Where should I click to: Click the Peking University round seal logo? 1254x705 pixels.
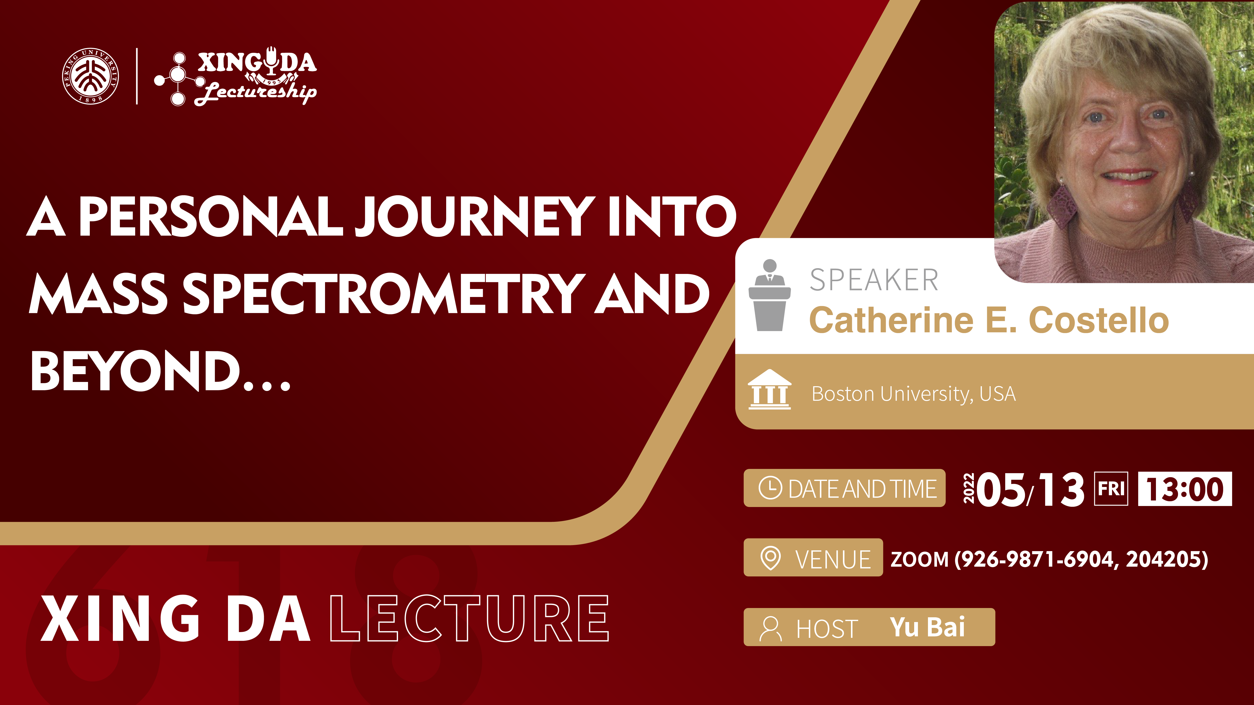[91, 76]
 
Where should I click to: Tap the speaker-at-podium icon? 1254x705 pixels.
[770, 295]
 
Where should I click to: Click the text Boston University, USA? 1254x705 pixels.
[914, 394]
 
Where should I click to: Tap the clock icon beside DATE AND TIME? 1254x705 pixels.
[770, 488]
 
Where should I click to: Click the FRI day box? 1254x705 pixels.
[1111, 488]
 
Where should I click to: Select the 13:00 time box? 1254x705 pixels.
[1185, 488]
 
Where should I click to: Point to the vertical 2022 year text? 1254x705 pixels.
[969, 488]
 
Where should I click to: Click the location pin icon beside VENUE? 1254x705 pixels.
[770, 558]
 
